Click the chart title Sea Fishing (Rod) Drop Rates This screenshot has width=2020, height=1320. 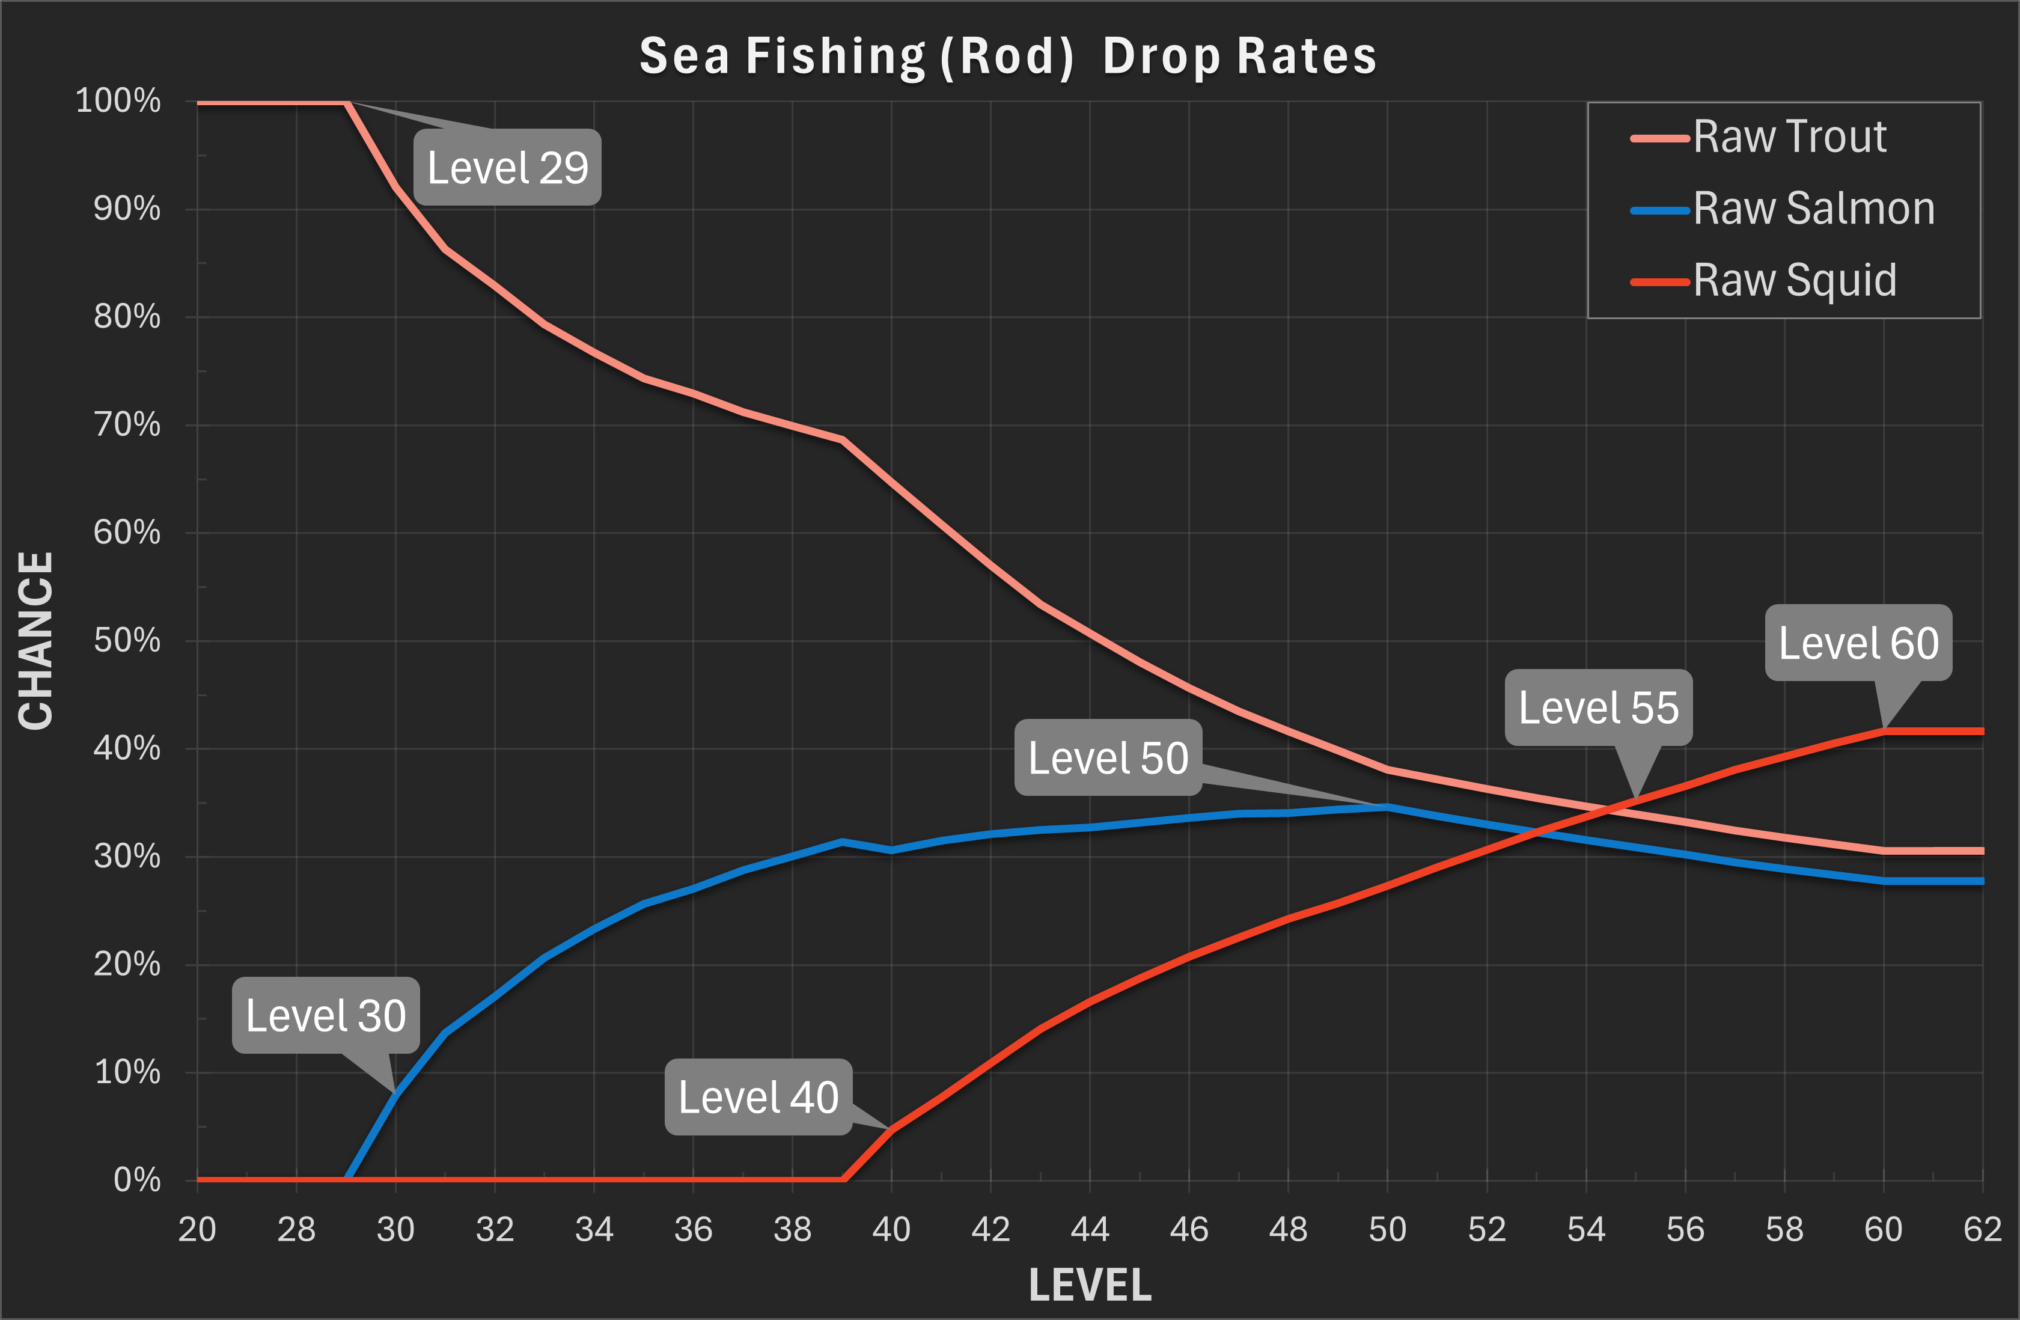coord(1007,57)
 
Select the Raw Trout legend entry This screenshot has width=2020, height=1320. coord(1789,136)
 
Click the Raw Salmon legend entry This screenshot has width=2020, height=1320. coord(1814,209)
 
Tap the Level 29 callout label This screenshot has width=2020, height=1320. coord(507,167)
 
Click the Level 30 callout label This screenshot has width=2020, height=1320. coord(326,1015)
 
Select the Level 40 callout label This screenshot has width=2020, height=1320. coord(758,1097)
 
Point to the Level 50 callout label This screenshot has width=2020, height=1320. coord(1108,757)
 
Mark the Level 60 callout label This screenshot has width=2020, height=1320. coord(1858,643)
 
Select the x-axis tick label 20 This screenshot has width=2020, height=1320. coord(197,1229)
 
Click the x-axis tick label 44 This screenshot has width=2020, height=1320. coord(1090,1229)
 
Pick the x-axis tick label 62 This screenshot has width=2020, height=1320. coord(1983,1229)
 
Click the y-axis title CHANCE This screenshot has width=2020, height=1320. coord(35,641)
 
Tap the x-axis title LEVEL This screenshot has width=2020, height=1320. coord(1090,1285)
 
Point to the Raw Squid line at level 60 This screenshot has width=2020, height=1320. coord(1884,731)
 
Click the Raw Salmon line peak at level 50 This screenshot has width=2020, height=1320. coord(1387,807)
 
